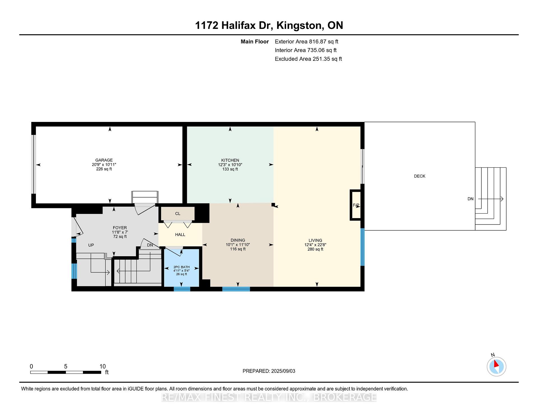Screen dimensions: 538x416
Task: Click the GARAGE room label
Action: [x=104, y=160]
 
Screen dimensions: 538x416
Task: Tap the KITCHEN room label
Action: [x=230, y=160]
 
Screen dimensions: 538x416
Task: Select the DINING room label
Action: [x=238, y=240]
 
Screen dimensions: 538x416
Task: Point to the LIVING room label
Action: [x=315, y=240]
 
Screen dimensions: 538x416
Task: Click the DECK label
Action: [x=419, y=176]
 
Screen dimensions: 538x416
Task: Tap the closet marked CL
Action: [x=178, y=214]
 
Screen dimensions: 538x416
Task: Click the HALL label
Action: [x=180, y=235]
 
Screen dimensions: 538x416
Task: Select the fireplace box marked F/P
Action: [x=356, y=205]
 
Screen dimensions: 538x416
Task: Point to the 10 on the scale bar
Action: [x=103, y=366]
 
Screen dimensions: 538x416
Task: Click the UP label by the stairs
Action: [x=91, y=245]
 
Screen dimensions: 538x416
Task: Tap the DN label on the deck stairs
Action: [x=470, y=199]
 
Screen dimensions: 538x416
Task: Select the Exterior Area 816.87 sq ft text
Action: [x=307, y=41]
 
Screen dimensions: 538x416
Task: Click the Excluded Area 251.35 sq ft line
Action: [x=308, y=59]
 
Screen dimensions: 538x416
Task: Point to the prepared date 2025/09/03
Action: [x=283, y=371]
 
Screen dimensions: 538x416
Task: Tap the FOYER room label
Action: [x=120, y=228]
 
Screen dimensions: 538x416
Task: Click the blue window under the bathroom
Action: [x=182, y=289]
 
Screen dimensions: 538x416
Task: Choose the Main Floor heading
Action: [x=255, y=41]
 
